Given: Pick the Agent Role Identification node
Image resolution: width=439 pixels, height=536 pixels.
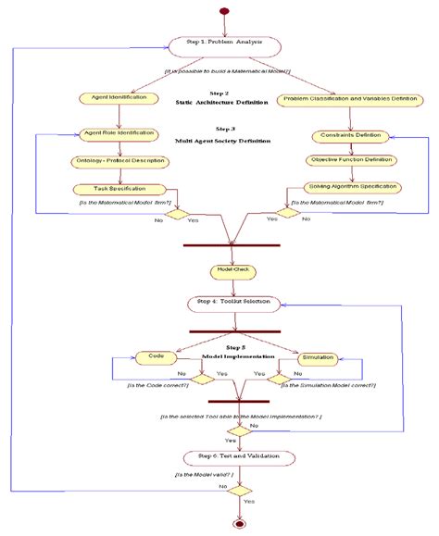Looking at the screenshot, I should tap(119, 133).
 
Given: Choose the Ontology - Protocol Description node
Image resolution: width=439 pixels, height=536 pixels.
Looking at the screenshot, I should tap(119, 161).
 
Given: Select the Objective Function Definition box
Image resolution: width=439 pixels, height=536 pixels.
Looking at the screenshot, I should tap(351, 160).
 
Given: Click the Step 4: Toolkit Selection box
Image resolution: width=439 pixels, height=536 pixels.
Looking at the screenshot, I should tap(232, 302).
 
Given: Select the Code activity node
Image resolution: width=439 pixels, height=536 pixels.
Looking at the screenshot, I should tap(153, 355).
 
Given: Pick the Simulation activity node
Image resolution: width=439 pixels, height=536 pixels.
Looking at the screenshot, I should tap(317, 355).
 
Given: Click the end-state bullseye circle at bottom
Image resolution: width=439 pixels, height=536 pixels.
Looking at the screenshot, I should tap(241, 525).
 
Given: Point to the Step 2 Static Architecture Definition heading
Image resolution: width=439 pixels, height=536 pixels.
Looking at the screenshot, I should tap(219, 98).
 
